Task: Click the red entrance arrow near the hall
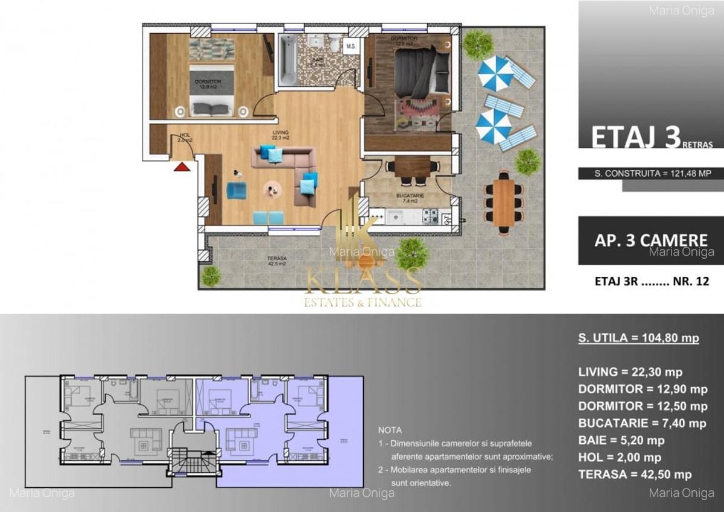[182, 166]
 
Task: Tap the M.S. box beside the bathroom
[351, 46]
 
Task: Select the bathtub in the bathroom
[287, 59]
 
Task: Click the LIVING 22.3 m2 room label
[280, 135]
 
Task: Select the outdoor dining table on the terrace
[503, 202]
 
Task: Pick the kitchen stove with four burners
[430, 216]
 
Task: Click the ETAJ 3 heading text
[635, 137]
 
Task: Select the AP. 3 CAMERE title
[650, 239]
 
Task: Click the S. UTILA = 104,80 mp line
[638, 338]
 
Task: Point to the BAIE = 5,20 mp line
[621, 440]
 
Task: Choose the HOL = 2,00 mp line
[619, 457]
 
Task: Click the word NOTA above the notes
[390, 431]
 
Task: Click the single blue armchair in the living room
[237, 191]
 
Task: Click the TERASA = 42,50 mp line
[634, 475]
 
